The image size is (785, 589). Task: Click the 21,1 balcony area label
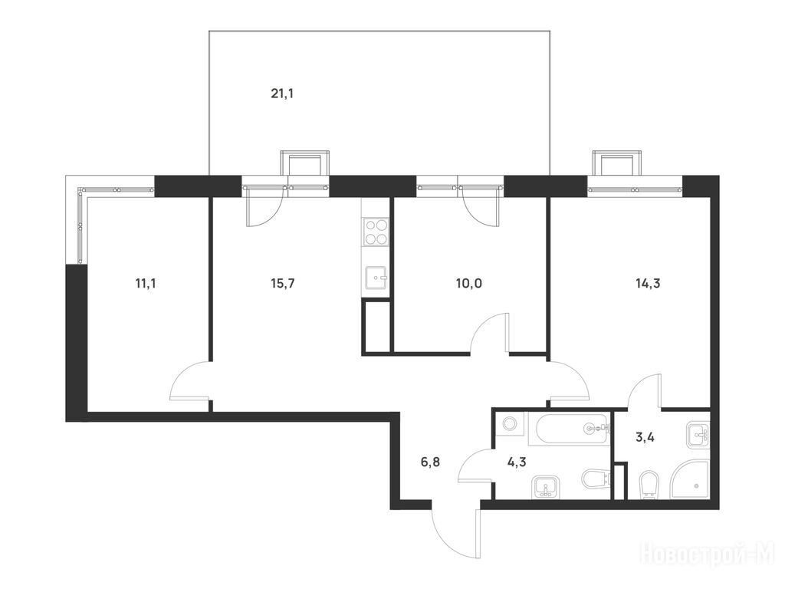pyautogui.click(x=282, y=94)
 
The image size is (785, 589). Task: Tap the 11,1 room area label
pyautogui.click(x=146, y=284)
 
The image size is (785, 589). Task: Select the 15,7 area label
pyautogui.click(x=283, y=284)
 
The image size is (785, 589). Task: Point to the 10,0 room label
pyautogui.click(x=469, y=284)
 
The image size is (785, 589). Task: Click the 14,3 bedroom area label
pyautogui.click(x=648, y=284)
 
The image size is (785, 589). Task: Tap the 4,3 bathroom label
pyautogui.click(x=517, y=462)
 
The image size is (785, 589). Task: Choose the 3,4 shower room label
pyautogui.click(x=645, y=437)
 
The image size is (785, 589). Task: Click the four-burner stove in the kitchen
pyautogui.click(x=376, y=232)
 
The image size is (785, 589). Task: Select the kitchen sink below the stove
pyautogui.click(x=376, y=278)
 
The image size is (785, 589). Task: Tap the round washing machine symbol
pyautogui.click(x=510, y=424)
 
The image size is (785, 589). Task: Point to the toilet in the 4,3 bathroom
pyautogui.click(x=596, y=479)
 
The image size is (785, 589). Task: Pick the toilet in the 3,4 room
pyautogui.click(x=648, y=485)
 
